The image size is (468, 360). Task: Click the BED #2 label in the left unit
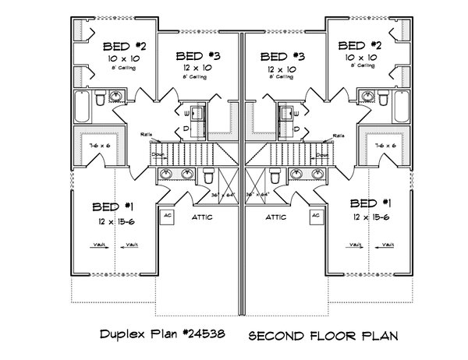tap(120, 45)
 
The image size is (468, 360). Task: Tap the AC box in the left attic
tap(167, 216)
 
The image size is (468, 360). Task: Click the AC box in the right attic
tap(316, 216)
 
